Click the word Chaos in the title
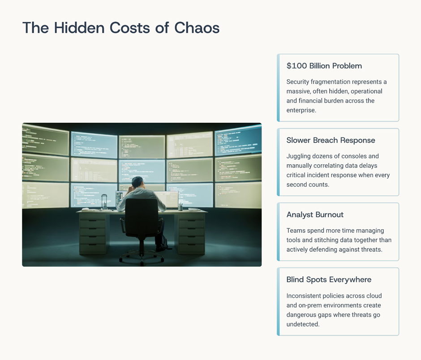[x=197, y=28]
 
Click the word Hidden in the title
[x=79, y=28]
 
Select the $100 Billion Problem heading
[x=324, y=66]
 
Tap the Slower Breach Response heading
[x=331, y=140]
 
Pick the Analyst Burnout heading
[x=315, y=214]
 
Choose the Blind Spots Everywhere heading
[x=329, y=279]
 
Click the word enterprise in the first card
[x=301, y=110]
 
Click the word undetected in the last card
[x=302, y=324]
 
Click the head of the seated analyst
[x=138, y=182]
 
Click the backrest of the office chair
[x=142, y=214]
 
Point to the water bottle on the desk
[x=104, y=202]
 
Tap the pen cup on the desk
[x=180, y=207]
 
